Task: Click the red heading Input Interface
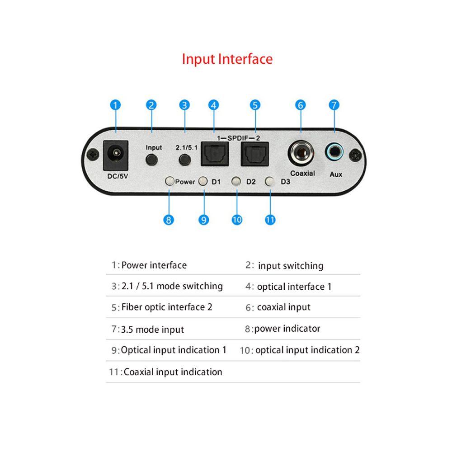coord(227,59)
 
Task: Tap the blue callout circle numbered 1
coord(116,105)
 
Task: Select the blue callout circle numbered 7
coord(334,105)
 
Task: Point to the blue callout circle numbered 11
coord(270,220)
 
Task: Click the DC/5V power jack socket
coord(116,155)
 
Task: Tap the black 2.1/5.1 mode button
coord(184,160)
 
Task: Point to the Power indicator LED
coord(169,181)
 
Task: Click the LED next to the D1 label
coord(203,181)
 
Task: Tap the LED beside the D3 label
coord(270,181)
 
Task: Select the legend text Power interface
coord(154,265)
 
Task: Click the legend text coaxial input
coord(283,307)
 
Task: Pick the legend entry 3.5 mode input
coord(152,330)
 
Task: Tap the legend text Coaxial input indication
coord(173,372)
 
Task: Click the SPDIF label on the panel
coord(235,137)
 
